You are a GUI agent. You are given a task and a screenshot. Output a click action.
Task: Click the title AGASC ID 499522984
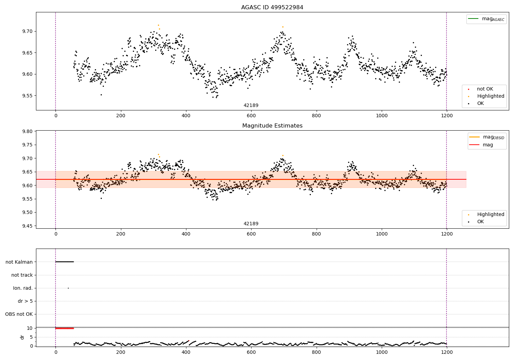(x=272, y=8)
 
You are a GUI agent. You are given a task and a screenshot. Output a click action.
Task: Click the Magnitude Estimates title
(x=272, y=126)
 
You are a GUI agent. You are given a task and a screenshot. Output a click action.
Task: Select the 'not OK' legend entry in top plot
(x=485, y=89)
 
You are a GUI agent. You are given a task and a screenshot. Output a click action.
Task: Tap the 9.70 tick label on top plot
(x=27, y=32)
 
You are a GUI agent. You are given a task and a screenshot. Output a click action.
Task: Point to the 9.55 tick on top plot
(x=27, y=96)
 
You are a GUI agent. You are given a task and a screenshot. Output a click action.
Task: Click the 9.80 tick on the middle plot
(x=27, y=132)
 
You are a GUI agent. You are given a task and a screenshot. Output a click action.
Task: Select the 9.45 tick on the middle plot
(x=27, y=226)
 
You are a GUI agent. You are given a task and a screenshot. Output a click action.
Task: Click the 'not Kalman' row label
(x=19, y=262)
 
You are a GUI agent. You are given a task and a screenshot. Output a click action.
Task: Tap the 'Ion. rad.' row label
(x=23, y=288)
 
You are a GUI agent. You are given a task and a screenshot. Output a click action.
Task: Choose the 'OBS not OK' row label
(x=19, y=314)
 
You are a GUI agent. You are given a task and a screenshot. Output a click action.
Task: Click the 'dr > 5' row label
(x=25, y=301)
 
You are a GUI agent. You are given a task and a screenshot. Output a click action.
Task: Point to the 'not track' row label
(x=22, y=275)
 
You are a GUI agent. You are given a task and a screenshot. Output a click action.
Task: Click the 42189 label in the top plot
(x=251, y=106)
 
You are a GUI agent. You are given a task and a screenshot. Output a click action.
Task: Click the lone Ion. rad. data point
(x=68, y=288)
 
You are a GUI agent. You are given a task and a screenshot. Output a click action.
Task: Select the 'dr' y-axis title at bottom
(x=22, y=337)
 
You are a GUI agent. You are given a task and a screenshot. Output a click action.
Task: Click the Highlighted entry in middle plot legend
(x=490, y=215)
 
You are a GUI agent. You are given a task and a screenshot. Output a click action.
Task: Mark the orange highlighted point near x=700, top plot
(x=283, y=27)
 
